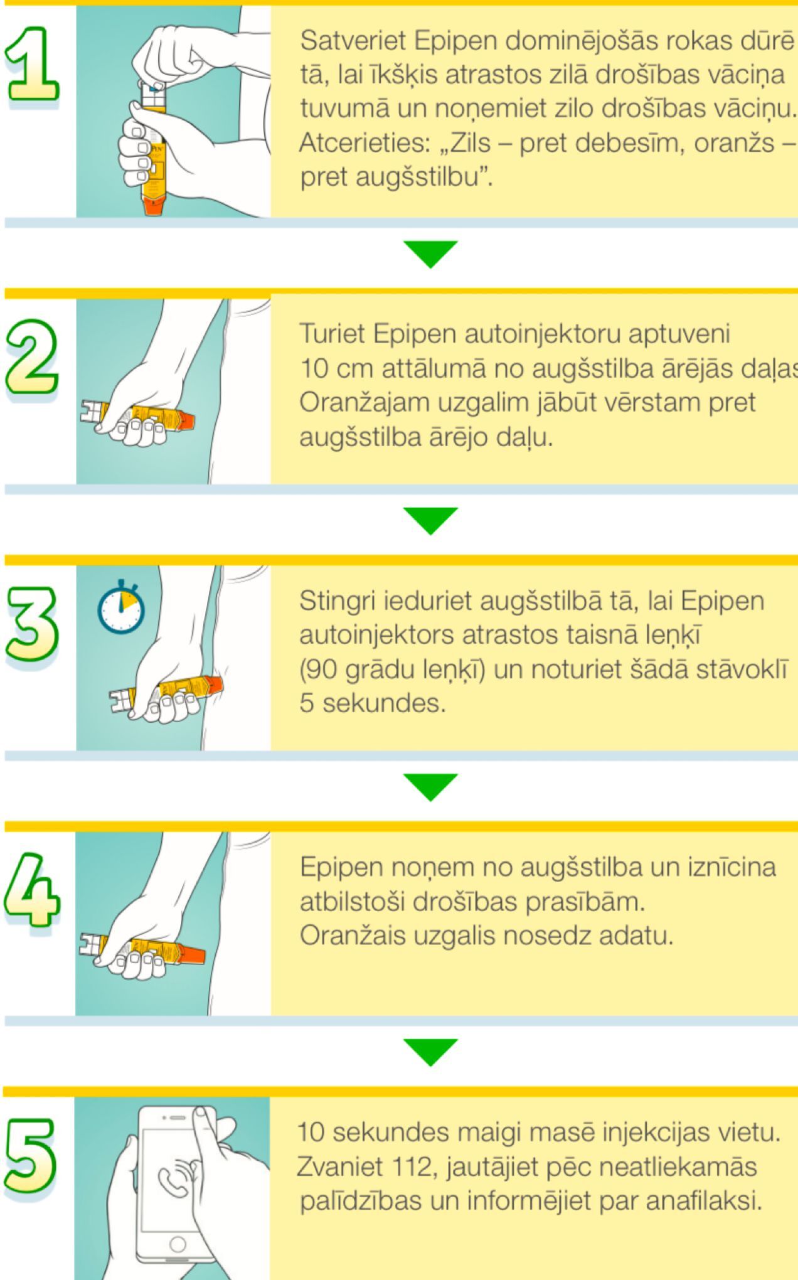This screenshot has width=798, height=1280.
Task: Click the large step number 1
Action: [x=33, y=64]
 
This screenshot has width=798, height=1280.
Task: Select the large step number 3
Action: [x=32, y=624]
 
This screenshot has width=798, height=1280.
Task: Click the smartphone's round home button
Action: [x=178, y=1244]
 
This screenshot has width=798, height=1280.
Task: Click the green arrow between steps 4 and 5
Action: [x=430, y=1052]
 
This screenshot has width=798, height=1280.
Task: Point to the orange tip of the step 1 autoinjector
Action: [x=154, y=206]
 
